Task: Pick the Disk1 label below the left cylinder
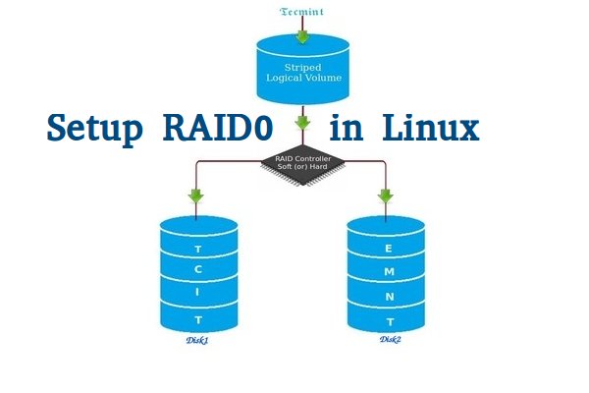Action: pos(198,340)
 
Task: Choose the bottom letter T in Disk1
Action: pos(198,320)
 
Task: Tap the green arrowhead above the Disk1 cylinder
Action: pos(198,196)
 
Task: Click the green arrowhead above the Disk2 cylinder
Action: pos(386,196)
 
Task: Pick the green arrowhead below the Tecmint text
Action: pos(302,36)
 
